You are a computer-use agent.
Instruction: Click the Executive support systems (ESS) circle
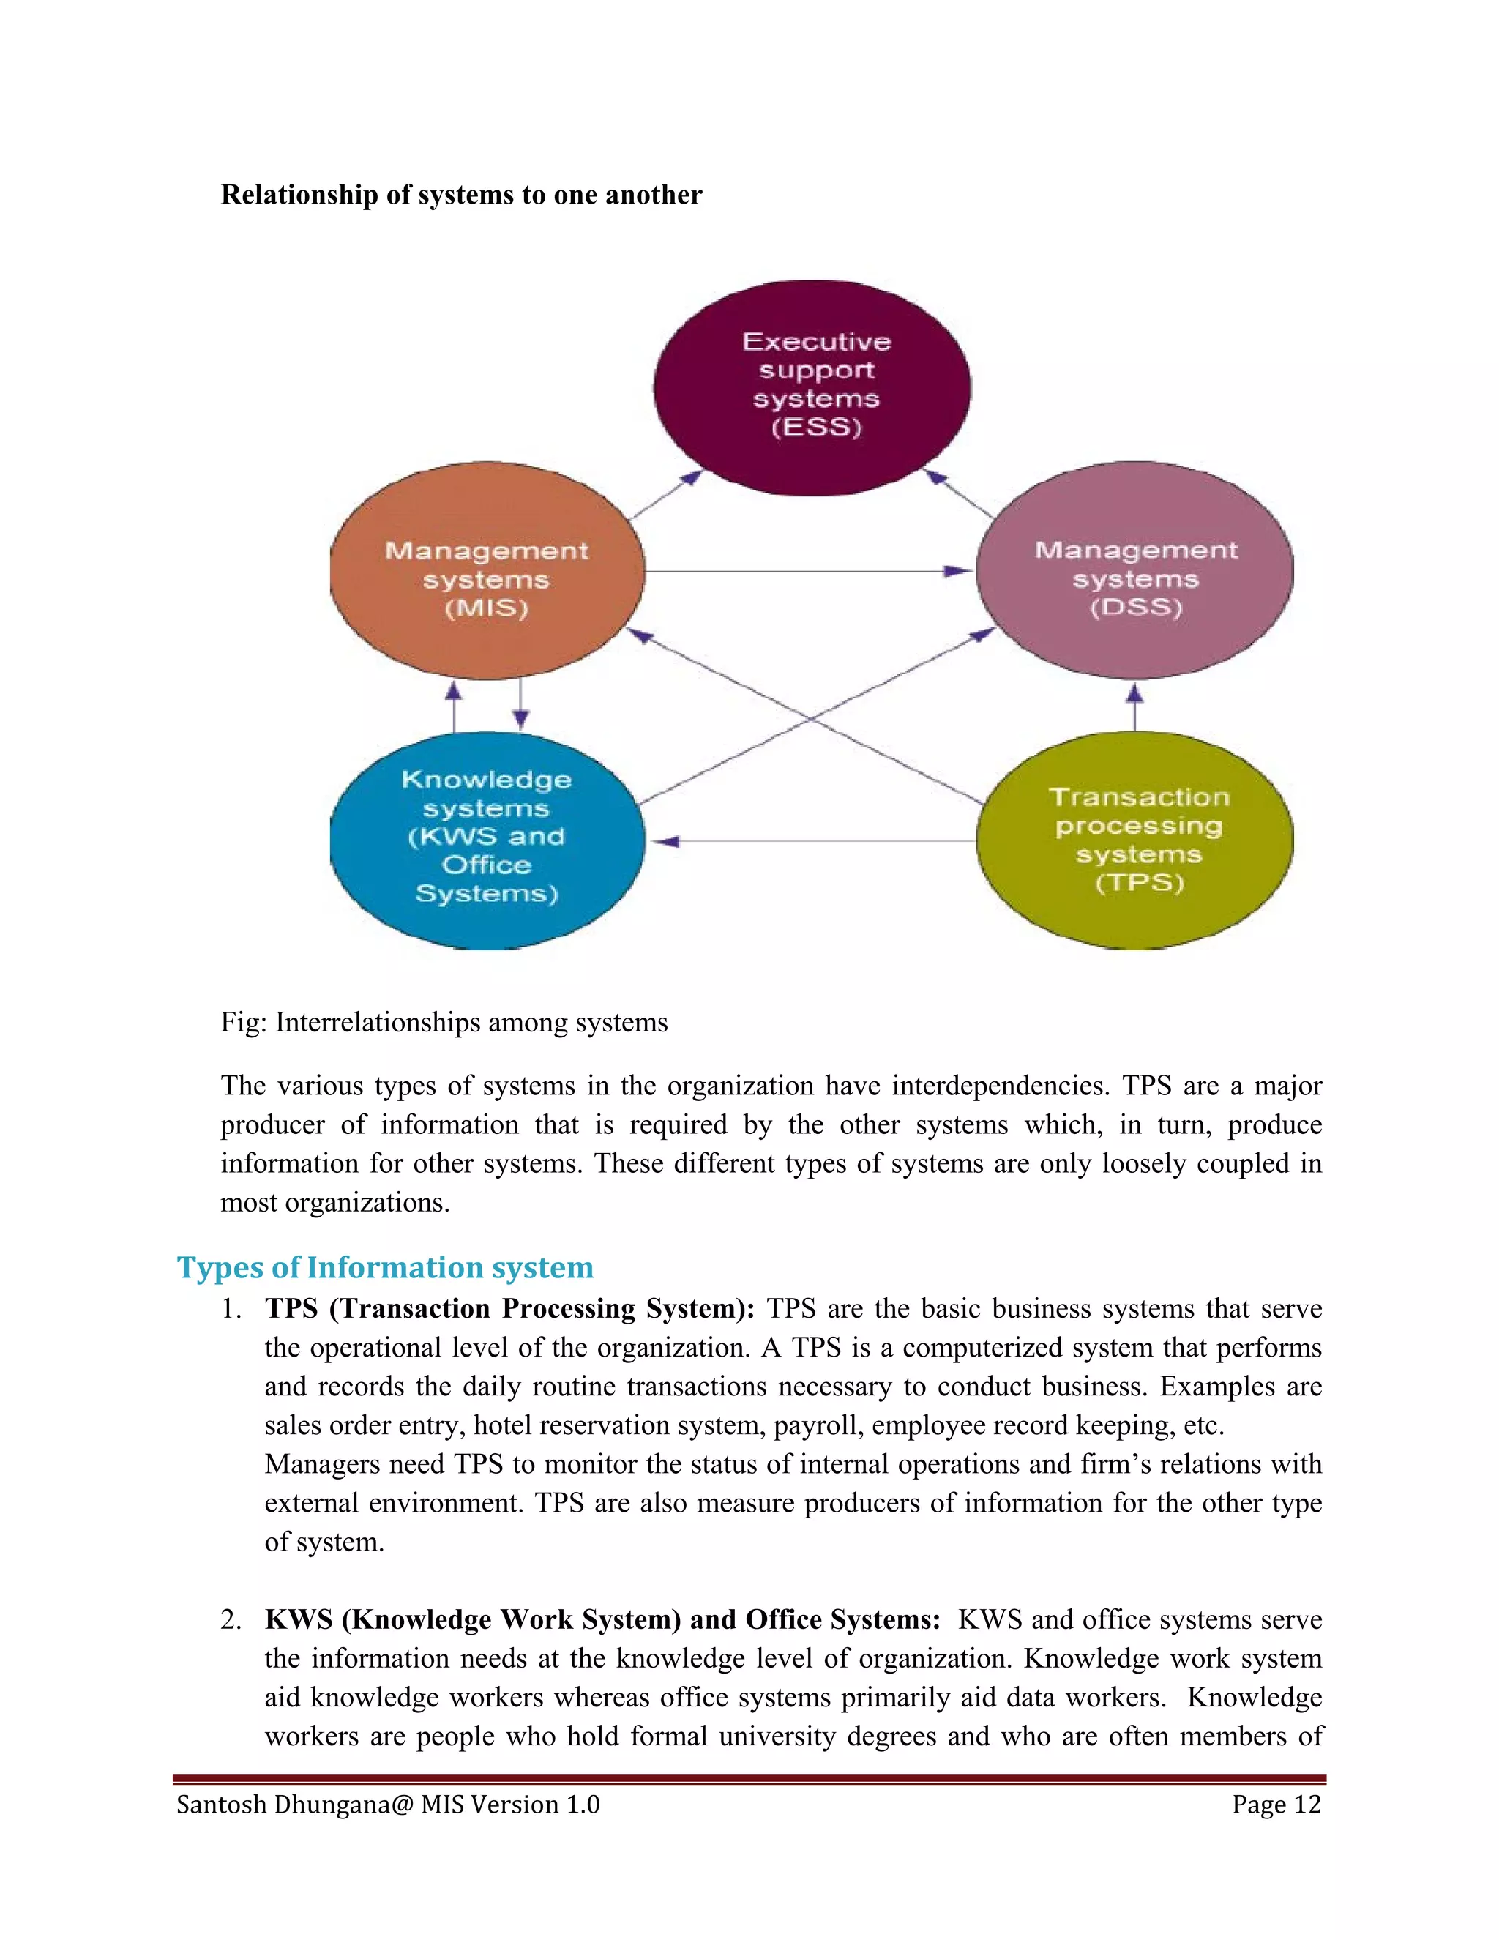tap(812, 387)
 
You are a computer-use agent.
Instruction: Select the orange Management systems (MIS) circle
tap(487, 571)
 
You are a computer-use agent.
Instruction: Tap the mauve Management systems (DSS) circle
tap(1135, 570)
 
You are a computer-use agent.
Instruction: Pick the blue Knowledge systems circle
tap(487, 840)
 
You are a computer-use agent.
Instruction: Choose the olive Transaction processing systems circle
tap(1135, 840)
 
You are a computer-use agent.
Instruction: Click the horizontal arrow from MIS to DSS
tap(808, 571)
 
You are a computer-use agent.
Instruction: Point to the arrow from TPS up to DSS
tap(1135, 706)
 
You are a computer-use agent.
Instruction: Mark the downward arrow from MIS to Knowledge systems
tap(521, 704)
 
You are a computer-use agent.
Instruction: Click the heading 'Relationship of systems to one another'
tap(461, 195)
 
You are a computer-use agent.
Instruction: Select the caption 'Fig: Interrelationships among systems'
tap(444, 1023)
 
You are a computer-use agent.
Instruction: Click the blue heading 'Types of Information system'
tap(386, 1266)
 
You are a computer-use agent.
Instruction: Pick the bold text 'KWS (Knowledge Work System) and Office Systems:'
tap(602, 1619)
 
